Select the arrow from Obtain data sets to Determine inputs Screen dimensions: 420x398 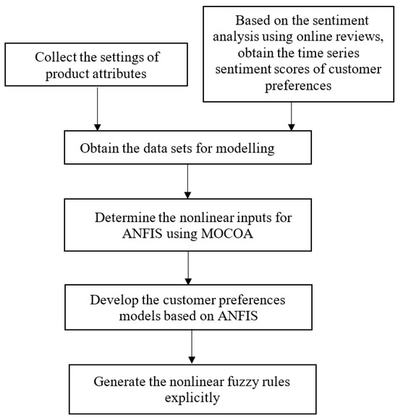point(188,184)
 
